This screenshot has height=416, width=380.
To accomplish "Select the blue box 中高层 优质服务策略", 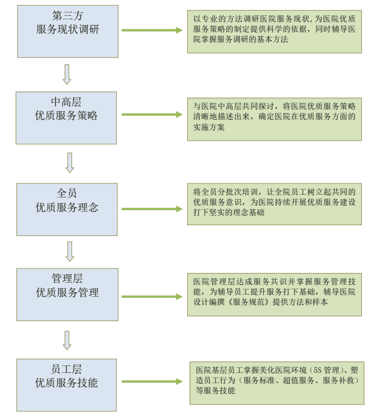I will tap(66, 117).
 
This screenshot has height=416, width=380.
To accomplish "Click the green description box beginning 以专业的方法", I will tap(274, 32).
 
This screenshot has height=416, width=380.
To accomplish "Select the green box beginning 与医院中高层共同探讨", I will tap(274, 119).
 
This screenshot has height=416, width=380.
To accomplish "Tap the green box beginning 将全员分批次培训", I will tap(274, 204).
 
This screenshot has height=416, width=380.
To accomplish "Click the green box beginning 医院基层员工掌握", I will tap(276, 382).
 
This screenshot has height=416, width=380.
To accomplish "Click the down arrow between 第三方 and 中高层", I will tap(67, 74).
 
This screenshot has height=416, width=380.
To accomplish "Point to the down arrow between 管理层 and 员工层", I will tap(67, 340).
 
